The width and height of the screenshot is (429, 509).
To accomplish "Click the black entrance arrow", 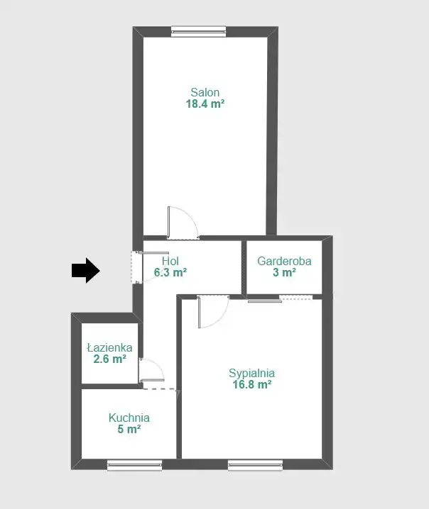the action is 85,270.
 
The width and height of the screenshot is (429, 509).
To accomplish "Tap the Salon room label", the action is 205,93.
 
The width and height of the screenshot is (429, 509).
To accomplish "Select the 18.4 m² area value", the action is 205,104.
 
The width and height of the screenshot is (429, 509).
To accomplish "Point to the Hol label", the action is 170,261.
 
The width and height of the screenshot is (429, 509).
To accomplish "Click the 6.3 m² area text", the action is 170,272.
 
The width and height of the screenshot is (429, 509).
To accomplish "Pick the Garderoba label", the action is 284,261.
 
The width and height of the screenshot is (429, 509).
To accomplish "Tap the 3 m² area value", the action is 284,272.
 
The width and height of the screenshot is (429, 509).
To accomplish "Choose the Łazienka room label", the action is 109,347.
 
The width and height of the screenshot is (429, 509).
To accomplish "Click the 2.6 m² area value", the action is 109,359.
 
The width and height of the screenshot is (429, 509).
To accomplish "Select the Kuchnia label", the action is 129,418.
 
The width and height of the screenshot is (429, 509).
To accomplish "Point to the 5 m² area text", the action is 129,429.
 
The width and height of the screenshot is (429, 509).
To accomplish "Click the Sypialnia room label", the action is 251,373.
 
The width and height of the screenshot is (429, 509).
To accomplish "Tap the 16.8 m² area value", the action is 252,385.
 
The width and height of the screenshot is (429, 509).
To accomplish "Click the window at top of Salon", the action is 198,31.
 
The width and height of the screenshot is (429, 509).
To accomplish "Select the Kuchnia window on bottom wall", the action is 135,465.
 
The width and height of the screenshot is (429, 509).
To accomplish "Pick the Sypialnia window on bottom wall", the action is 255,465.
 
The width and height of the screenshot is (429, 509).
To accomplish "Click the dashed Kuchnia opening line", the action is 160,389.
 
